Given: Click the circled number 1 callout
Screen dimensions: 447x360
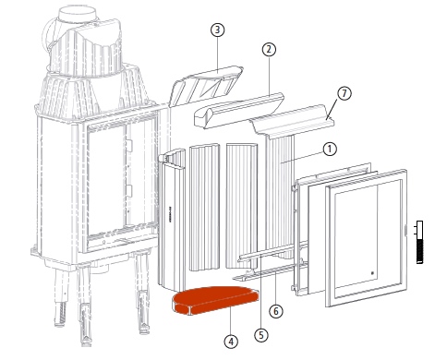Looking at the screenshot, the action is point(330,149).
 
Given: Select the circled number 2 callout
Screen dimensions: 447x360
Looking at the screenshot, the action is point(269,49).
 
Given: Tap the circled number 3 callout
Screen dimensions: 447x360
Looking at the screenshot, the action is point(218,30).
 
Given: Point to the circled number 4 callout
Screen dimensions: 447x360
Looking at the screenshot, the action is point(231,342).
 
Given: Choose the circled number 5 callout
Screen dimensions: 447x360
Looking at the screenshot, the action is point(261,334).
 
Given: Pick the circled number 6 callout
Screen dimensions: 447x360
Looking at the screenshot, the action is point(276,311).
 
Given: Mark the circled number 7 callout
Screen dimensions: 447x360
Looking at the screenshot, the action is point(344,93).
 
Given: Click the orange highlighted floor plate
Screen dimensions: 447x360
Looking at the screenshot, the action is point(215,299).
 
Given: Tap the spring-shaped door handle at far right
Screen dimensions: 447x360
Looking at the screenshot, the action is point(419,242).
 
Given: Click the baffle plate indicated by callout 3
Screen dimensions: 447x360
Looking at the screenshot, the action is point(206,84).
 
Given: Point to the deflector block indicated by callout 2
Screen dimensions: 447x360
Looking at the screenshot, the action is point(238,110).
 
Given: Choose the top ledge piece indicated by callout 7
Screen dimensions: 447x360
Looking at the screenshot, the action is point(293,122).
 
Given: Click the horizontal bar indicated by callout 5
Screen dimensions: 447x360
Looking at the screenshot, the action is point(272,252).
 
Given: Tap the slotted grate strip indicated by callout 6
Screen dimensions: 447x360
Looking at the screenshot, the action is point(270,271).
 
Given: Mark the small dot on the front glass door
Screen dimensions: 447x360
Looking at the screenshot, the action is point(372,273).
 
